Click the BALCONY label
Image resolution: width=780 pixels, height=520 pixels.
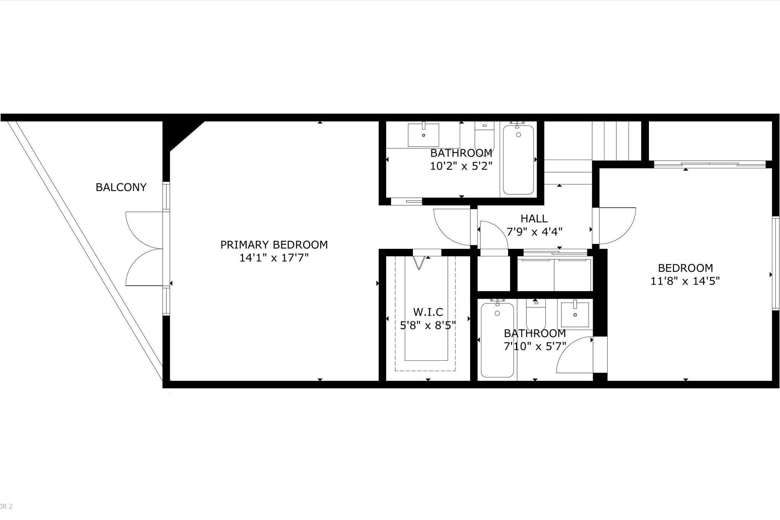coord(121,187)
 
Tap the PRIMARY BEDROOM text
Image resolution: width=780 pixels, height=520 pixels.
coord(274,245)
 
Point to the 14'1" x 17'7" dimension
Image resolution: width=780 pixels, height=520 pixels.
coord(274,258)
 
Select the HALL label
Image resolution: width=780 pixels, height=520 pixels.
coord(534,219)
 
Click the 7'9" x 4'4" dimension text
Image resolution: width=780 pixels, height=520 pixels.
coord(534,232)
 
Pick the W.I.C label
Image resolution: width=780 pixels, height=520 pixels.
coord(428,312)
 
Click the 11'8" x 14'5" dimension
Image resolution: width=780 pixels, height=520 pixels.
coord(685,281)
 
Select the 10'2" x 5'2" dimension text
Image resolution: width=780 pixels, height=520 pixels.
coord(461,166)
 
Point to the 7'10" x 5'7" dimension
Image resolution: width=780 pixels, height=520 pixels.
coord(535,346)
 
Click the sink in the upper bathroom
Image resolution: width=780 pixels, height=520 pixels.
coord(423,134)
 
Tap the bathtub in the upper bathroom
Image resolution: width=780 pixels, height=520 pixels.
coord(518,159)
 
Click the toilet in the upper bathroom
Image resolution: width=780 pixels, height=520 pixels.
coord(484,137)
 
